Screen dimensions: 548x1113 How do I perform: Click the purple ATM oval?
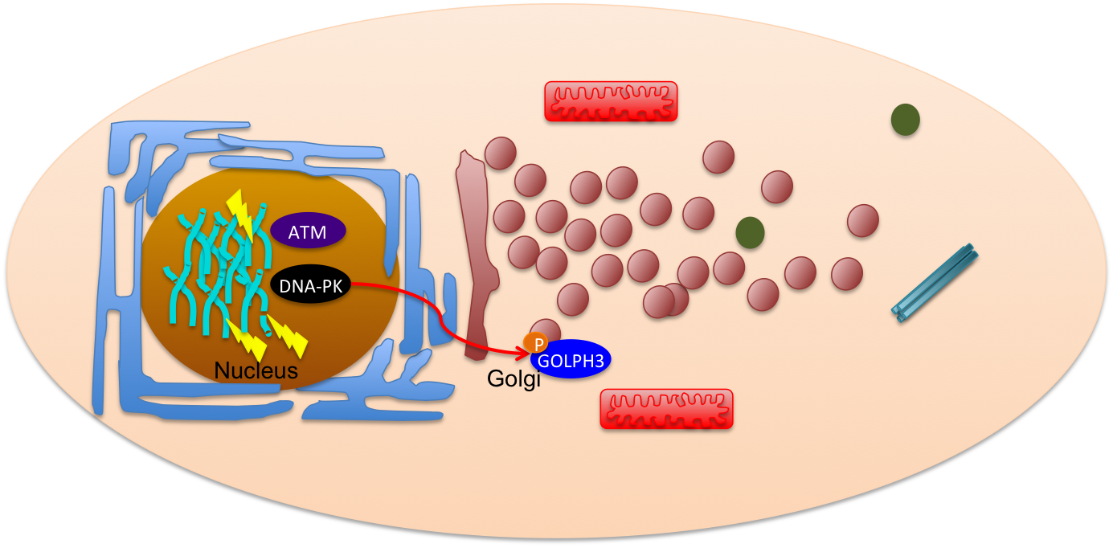click(309, 232)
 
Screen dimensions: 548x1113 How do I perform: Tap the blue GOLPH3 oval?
click(571, 360)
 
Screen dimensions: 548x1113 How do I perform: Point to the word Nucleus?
click(256, 371)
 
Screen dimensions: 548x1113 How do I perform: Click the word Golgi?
click(514, 378)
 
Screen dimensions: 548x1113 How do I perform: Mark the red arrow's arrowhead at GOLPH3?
click(523, 351)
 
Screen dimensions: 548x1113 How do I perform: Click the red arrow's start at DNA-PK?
click(354, 284)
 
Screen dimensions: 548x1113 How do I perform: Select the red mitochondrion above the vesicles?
click(611, 101)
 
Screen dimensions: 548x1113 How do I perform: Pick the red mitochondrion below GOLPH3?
click(666, 408)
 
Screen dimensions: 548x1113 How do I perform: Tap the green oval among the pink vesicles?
click(750, 232)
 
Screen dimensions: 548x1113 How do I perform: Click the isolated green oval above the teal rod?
click(906, 120)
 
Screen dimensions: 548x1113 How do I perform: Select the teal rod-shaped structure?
click(935, 283)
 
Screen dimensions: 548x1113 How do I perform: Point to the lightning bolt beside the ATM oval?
click(241, 213)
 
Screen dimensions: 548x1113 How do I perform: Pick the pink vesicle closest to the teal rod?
click(863, 220)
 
